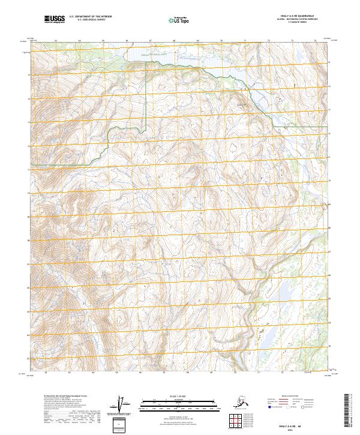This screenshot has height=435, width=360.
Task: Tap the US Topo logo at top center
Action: pyautogui.click(x=179, y=20)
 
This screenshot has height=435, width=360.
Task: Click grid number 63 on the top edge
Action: pyautogui.click(x=56, y=41)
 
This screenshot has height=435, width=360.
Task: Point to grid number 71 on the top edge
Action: pyautogui.click(x=245, y=41)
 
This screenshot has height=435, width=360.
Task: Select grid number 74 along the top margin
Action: pyautogui.click(x=315, y=41)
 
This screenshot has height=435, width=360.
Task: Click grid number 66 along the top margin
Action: pyautogui.click(x=127, y=41)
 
